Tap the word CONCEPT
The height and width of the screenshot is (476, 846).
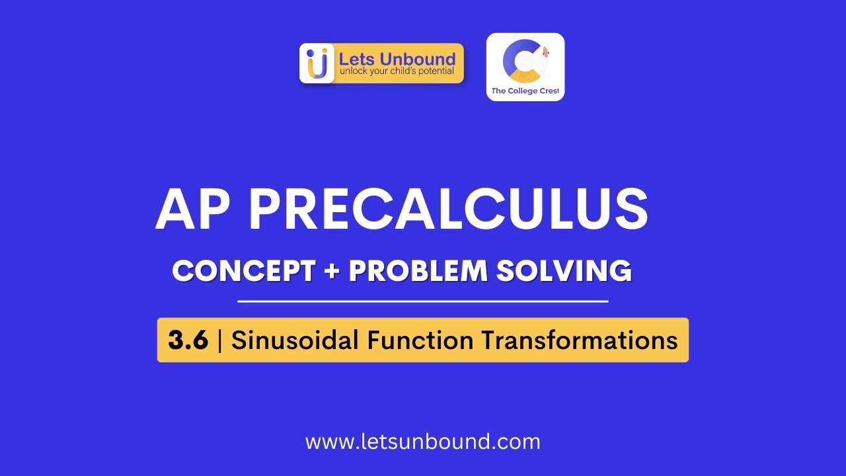(x=243, y=271)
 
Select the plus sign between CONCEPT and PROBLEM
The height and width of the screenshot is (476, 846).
(x=331, y=272)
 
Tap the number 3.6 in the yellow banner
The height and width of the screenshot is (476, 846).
(x=188, y=340)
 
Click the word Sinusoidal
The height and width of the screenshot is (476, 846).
(x=295, y=340)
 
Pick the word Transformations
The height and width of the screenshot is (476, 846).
(x=579, y=340)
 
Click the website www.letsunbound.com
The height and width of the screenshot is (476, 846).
(x=423, y=442)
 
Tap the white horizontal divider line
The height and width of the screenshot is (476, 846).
(x=423, y=301)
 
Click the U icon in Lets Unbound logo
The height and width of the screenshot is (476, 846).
(x=317, y=63)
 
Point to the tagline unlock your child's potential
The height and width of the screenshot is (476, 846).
(x=397, y=71)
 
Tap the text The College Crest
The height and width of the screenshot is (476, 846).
(x=525, y=91)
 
